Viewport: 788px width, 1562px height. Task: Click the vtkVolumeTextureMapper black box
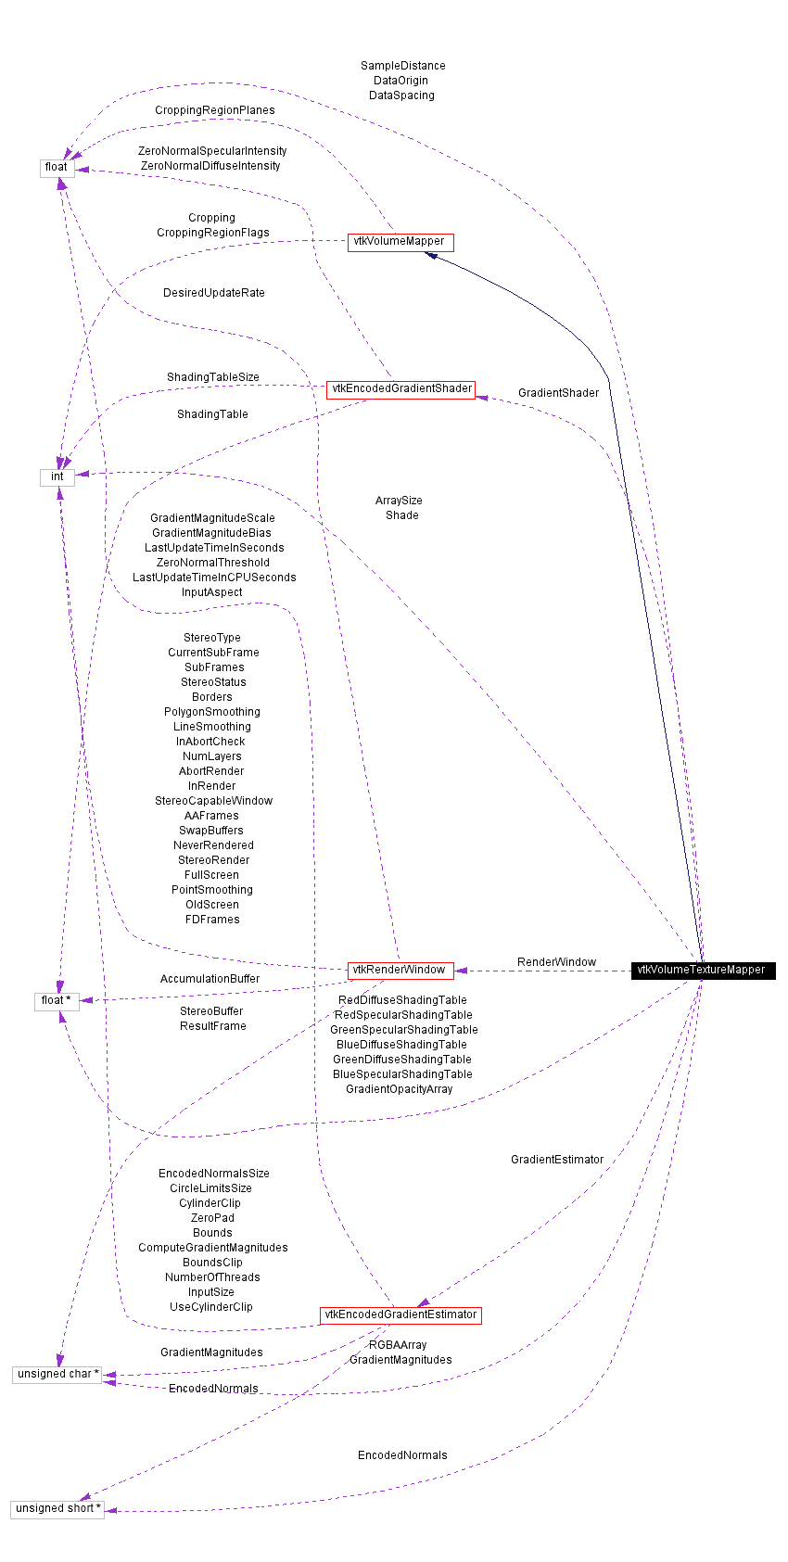(702, 970)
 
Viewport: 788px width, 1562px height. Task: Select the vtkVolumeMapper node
(400, 241)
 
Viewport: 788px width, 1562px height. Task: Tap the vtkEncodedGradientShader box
(400, 388)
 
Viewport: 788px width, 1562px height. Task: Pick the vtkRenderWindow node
(400, 970)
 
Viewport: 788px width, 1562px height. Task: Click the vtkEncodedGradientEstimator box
(400, 1314)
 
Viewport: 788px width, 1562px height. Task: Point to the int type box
(57, 476)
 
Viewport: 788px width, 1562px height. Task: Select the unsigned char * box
(57, 1374)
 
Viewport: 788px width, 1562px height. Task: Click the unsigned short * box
(57, 1508)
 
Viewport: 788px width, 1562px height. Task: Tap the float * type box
(57, 1000)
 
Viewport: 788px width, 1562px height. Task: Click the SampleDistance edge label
(402, 66)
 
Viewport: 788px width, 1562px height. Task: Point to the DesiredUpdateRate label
(213, 293)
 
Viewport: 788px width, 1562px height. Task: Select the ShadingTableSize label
(213, 377)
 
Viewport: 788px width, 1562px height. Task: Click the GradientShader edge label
(558, 393)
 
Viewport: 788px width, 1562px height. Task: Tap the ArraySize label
(399, 501)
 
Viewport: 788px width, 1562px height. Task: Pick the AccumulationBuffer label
(210, 979)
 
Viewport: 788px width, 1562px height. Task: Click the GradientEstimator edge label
(556, 1160)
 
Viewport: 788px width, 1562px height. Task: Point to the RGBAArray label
(398, 1345)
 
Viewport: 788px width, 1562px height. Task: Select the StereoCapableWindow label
(213, 801)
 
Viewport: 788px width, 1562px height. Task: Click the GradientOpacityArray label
(399, 1089)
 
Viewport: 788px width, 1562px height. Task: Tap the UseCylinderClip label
(210, 1307)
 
